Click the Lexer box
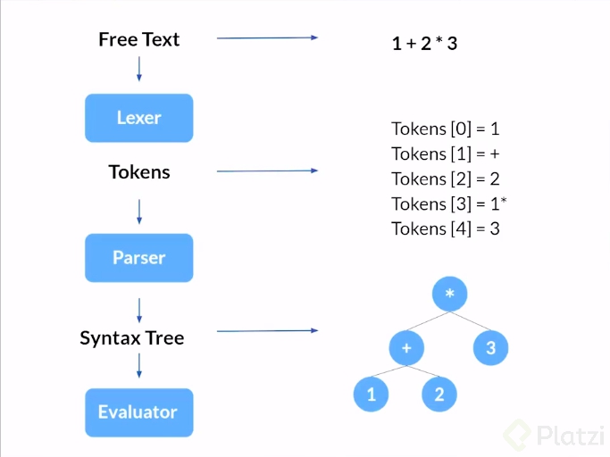(x=138, y=118)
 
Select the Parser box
(x=138, y=258)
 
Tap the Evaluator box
(x=138, y=412)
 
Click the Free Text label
(x=138, y=39)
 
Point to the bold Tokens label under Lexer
(x=138, y=171)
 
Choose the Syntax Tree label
(x=131, y=338)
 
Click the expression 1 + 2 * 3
(x=424, y=43)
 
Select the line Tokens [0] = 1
(x=445, y=129)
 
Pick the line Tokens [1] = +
(x=445, y=154)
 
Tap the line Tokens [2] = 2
(x=445, y=179)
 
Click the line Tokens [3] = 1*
(x=449, y=204)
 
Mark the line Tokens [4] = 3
(x=445, y=228)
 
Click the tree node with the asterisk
(x=450, y=295)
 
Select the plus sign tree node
(x=406, y=348)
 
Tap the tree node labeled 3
(x=490, y=348)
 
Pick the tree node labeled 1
(x=372, y=395)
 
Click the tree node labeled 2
(x=439, y=395)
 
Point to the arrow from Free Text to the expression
(x=267, y=37)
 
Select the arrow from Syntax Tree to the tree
(x=267, y=330)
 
